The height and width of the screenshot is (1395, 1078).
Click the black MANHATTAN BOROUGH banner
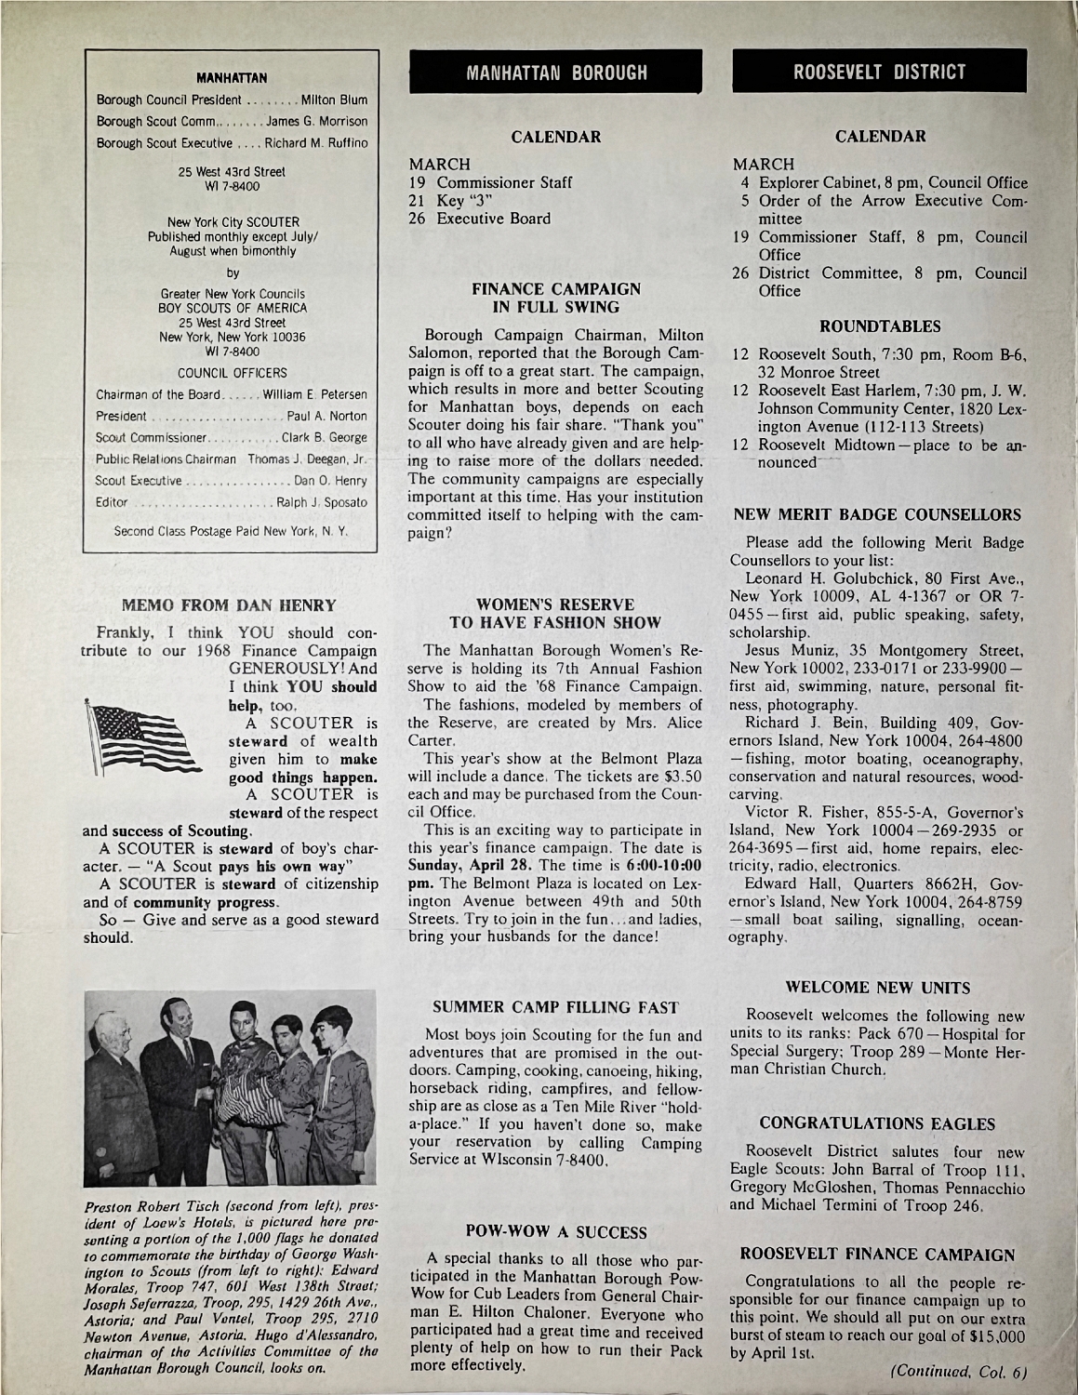point(556,72)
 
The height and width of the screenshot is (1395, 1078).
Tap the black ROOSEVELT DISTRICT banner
point(879,72)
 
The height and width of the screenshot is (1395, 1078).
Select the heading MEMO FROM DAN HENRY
point(236,605)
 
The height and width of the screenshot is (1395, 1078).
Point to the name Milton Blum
point(335,100)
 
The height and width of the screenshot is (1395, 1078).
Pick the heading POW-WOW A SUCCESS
point(555,1232)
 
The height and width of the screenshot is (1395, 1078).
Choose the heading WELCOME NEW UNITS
point(878,987)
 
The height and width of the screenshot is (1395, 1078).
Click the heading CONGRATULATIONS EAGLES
point(878,1123)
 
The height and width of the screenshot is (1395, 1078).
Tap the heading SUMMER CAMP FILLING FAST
point(556,1007)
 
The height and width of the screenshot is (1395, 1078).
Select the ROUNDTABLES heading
point(879,326)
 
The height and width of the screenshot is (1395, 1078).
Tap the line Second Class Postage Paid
point(232,533)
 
